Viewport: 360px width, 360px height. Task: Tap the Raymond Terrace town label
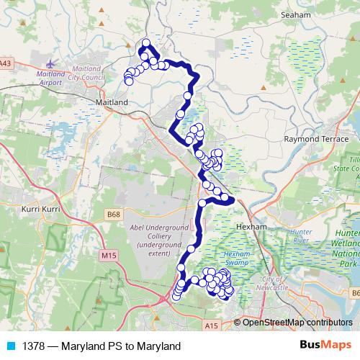(x=311, y=138)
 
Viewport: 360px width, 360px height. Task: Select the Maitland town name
(x=112, y=103)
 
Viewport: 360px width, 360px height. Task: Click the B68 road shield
(x=112, y=214)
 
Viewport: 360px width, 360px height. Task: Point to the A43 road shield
(x=6, y=63)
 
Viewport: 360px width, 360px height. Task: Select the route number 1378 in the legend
(x=30, y=346)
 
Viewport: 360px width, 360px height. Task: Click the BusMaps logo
(x=325, y=346)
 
